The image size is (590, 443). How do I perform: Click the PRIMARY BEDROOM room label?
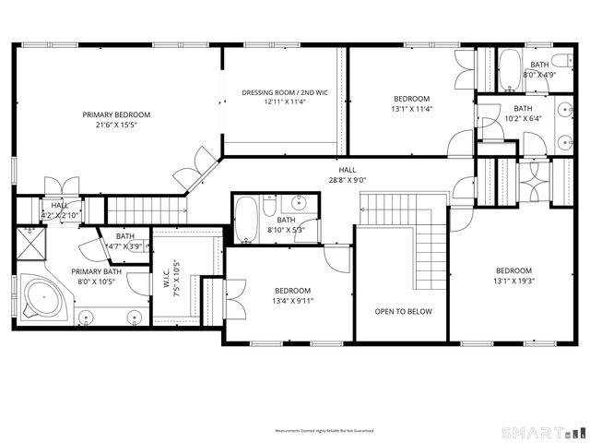(x=116, y=114)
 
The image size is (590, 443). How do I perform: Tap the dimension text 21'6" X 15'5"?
(x=116, y=125)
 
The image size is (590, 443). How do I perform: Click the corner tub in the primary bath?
(x=41, y=299)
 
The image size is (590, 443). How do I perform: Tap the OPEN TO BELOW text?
(x=403, y=311)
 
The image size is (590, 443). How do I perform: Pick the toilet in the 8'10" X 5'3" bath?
(x=269, y=206)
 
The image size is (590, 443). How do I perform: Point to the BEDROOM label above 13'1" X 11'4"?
(x=411, y=99)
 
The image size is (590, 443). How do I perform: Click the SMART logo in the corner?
(x=542, y=432)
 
